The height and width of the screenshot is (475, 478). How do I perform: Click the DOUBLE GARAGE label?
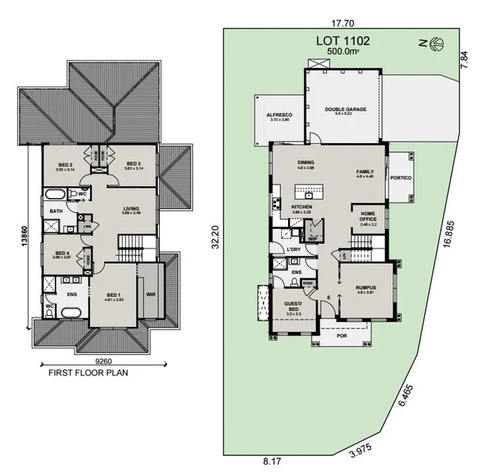345,109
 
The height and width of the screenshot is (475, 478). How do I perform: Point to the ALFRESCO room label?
279,115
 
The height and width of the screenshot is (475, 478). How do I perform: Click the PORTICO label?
400,178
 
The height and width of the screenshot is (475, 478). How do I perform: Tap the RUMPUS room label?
365,287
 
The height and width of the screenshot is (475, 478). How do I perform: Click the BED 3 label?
65,165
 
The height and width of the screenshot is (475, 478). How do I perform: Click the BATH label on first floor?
55,211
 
